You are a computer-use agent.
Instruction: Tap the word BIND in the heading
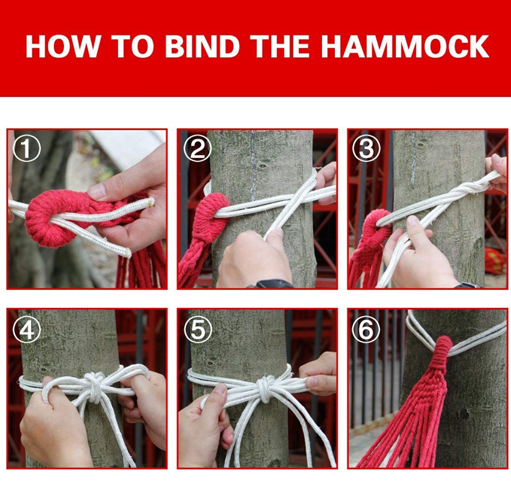202,46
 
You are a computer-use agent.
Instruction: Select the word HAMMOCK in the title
404,46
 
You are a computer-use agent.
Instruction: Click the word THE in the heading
280,46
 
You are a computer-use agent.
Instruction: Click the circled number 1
27,149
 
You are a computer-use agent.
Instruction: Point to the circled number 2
197,148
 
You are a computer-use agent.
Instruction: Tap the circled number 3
366,148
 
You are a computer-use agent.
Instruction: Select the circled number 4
27,330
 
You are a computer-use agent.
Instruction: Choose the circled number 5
197,330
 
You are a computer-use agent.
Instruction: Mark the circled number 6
366,330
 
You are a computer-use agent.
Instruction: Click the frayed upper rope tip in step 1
151,201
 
